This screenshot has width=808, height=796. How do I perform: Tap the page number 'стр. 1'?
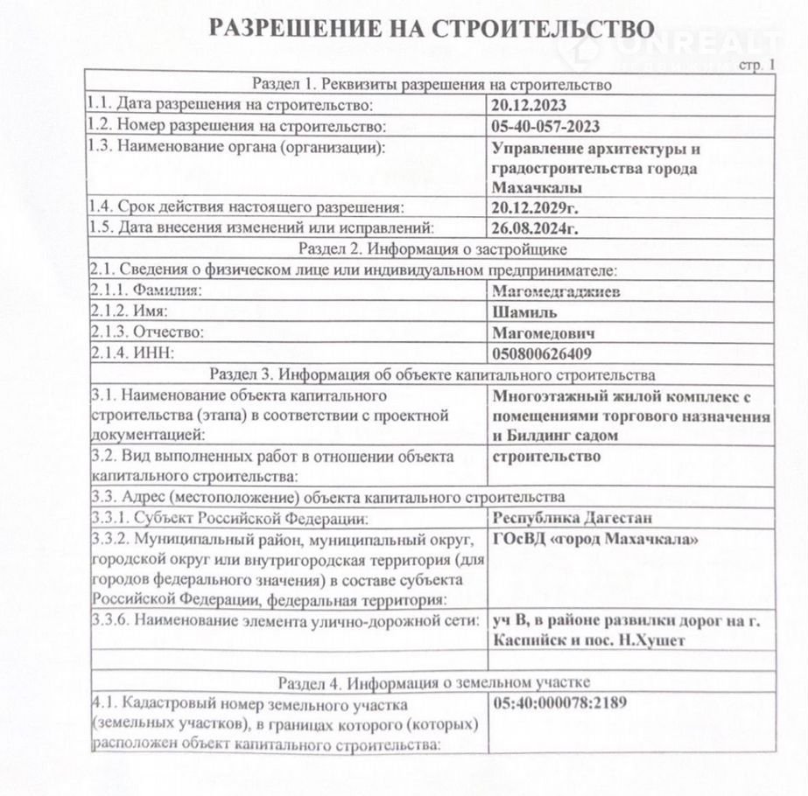(x=757, y=65)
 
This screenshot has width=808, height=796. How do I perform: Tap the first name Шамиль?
(x=524, y=312)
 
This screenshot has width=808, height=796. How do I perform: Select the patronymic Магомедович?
(x=544, y=333)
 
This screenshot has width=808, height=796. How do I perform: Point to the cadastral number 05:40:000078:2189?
(x=560, y=702)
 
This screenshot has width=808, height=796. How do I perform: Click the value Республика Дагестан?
(x=573, y=518)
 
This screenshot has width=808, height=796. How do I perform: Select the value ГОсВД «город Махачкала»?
(x=596, y=540)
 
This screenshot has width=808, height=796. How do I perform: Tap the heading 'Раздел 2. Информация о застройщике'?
(x=431, y=249)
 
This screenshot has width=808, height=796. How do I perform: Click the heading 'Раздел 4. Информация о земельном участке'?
(x=433, y=681)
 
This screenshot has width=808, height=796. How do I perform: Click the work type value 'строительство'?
(x=546, y=457)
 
